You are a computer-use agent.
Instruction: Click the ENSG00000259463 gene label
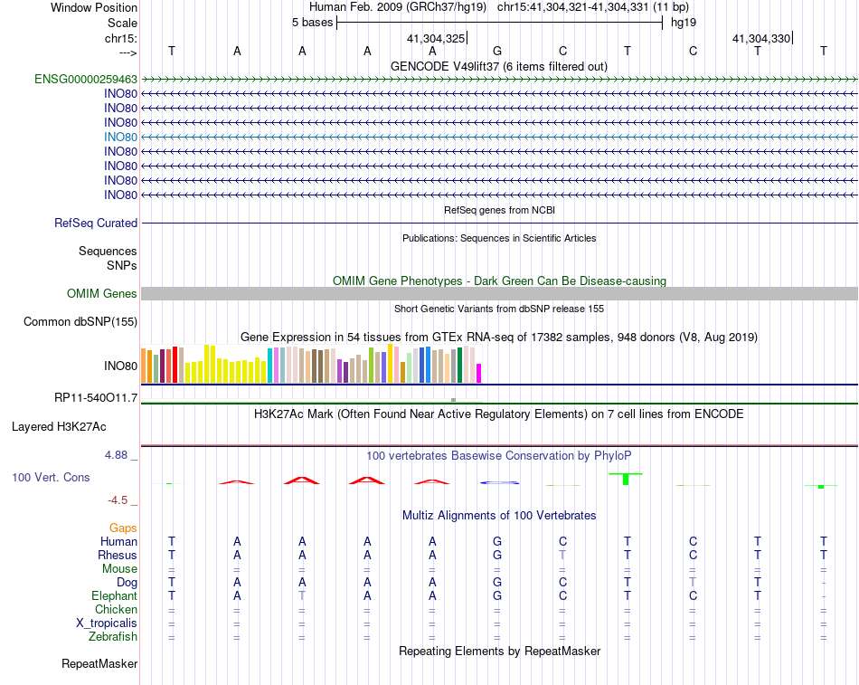tap(86, 79)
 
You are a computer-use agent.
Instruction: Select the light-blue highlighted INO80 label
tap(120, 137)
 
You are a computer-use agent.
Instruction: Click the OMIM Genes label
tap(102, 293)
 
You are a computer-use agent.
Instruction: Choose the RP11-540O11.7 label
tap(96, 397)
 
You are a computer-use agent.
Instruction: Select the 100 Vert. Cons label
tap(51, 477)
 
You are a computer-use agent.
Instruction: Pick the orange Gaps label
tap(123, 528)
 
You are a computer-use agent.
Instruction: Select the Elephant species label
tap(114, 596)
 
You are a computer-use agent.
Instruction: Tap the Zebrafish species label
tap(113, 638)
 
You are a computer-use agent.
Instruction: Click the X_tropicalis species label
tap(107, 623)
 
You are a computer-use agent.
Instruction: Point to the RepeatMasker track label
tap(99, 664)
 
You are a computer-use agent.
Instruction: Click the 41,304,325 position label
tap(436, 39)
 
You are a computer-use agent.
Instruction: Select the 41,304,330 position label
tap(761, 39)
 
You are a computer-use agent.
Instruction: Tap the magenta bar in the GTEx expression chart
tap(479, 372)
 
